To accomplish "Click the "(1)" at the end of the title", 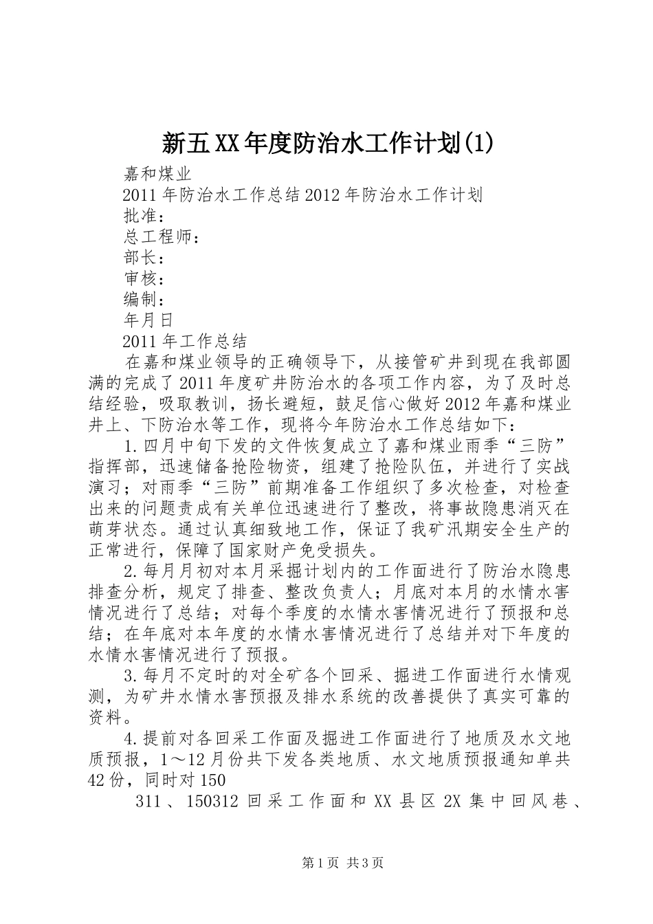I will (478, 144).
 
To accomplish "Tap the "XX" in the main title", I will (227, 144).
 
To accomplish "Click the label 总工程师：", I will (162, 237).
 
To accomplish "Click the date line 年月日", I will (148, 320).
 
